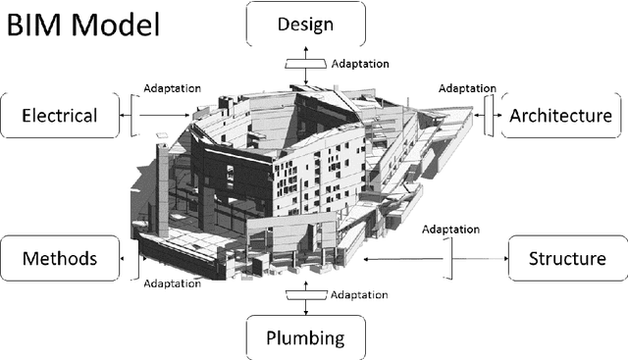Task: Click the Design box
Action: tap(306, 23)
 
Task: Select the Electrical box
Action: tap(59, 116)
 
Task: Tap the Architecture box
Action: tap(560, 116)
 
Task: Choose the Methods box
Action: tap(59, 259)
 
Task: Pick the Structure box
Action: tap(566, 259)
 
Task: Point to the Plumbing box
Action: tap(306, 338)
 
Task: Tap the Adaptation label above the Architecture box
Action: tap(467, 88)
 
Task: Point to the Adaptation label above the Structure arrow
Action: tap(451, 230)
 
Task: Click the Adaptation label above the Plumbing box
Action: tap(359, 294)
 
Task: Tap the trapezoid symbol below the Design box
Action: tap(304, 63)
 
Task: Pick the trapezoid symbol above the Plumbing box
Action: tap(304, 293)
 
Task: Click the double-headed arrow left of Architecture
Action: tap(488, 114)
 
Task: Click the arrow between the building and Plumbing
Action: tap(304, 307)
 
